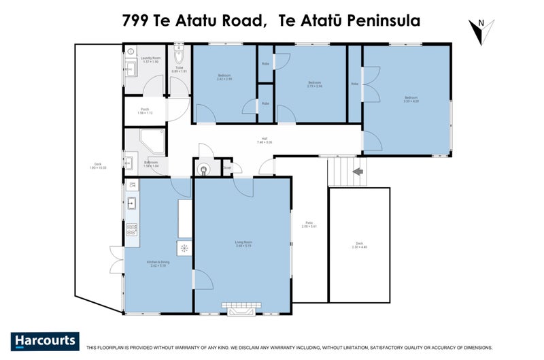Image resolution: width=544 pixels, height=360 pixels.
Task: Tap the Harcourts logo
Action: point(45,341)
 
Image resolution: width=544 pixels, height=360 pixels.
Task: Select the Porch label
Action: point(145,110)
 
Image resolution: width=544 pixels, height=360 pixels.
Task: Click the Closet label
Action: point(227,167)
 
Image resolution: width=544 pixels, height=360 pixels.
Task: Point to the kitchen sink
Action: point(132,203)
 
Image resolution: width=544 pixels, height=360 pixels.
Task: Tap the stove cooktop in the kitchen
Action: point(132,230)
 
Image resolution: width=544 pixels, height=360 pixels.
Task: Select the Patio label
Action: point(309,224)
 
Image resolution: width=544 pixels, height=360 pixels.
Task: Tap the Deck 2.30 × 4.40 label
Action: point(360,246)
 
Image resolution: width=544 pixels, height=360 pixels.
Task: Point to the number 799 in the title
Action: point(137,20)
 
